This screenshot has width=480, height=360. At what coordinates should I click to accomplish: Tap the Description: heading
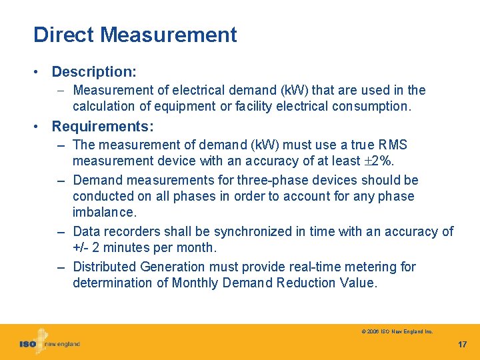94,71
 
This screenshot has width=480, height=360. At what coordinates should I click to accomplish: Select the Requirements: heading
103,126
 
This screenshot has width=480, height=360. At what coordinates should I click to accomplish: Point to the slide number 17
462,345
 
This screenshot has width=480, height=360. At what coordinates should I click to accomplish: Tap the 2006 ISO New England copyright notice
397,331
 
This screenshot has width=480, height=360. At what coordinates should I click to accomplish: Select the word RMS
393,145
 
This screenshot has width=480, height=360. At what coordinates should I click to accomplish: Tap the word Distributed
105,267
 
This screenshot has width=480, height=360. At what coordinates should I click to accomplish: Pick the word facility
257,106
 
